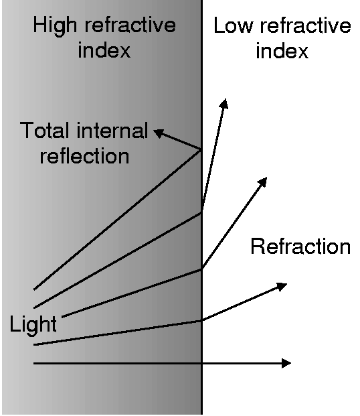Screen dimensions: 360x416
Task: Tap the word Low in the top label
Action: coord(233,25)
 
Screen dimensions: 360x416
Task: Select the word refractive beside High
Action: coord(130,25)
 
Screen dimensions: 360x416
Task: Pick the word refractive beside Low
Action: coord(306,25)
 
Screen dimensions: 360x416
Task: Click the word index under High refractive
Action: coord(104,50)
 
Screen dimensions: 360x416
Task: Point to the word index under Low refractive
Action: coord(282,50)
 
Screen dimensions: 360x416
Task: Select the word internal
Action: coord(112,130)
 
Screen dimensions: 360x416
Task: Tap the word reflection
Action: coord(84,155)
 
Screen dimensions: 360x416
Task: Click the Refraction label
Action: coord(300,247)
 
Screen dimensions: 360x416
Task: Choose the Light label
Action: coord(33,324)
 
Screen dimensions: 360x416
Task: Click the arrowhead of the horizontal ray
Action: coord(286,363)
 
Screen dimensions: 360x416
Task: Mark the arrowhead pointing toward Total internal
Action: coord(159,133)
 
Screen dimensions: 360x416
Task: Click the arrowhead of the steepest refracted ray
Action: coord(224,103)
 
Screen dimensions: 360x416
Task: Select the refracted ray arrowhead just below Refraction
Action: coord(282,286)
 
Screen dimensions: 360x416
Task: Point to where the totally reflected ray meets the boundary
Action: coord(201,151)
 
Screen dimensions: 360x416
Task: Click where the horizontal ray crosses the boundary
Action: coord(201,363)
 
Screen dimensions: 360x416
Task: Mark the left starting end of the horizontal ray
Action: coord(33,363)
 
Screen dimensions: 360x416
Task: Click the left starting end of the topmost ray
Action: coord(34,289)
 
